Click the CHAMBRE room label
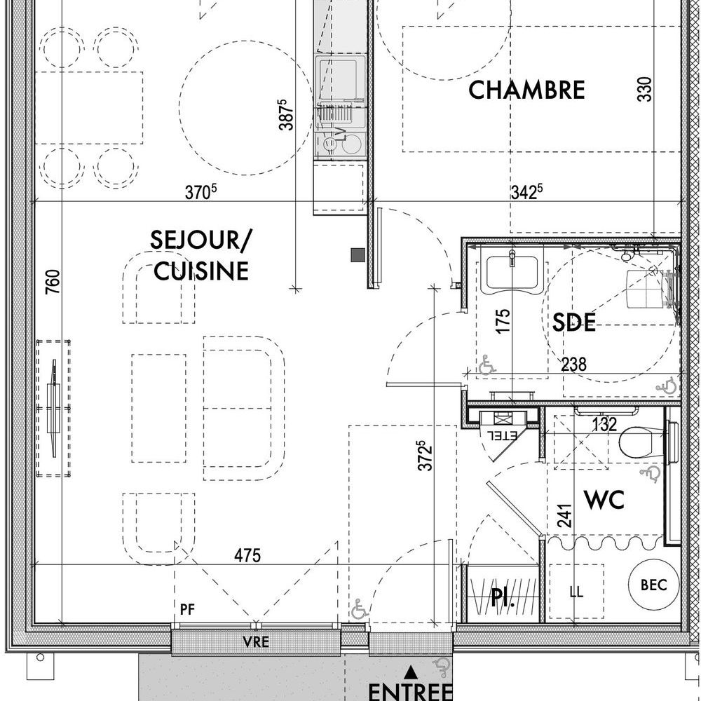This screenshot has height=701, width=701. [526, 90]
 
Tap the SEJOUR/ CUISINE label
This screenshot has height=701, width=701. [201, 255]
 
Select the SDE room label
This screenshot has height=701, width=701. [574, 322]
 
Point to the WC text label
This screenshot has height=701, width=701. [604, 500]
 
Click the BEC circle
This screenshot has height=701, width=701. [653, 585]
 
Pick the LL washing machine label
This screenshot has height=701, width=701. [577, 592]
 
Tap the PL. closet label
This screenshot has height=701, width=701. [503, 597]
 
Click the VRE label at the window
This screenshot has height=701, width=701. [256, 642]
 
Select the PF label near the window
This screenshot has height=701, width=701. [187, 609]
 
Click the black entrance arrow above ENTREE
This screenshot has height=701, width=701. [410, 672]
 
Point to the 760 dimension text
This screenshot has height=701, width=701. [53, 282]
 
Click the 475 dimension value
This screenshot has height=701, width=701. [247, 556]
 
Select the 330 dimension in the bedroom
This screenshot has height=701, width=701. [645, 90]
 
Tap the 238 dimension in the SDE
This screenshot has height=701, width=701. [573, 365]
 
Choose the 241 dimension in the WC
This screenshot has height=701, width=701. [564, 516]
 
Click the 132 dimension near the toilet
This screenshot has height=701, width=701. [604, 424]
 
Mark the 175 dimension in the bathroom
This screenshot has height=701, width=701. [503, 321]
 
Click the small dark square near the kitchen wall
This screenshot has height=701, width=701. [358, 255]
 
